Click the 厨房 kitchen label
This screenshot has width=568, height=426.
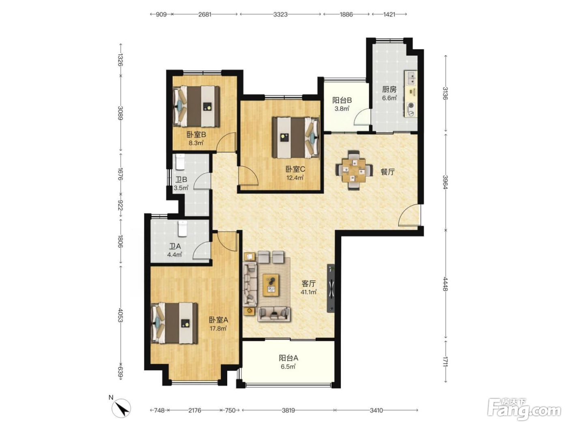pos(389,90)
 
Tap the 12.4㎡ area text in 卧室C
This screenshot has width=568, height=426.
pos(295,177)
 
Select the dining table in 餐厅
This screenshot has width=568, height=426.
pos(354,170)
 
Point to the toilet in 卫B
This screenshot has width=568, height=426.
pos(180,161)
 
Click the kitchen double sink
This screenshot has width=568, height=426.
pos(411,78)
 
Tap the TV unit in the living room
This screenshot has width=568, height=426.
pos(331,288)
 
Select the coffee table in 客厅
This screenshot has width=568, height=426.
pos(271,285)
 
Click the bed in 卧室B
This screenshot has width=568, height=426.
pos(196,106)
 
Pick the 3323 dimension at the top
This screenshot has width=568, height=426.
pos(280,15)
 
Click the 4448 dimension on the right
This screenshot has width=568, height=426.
pos(445,284)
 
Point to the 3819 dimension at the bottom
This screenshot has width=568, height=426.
pos(288,410)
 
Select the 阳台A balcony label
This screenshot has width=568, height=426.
pos(288,358)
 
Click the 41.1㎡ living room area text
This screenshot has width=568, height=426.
pos(308,292)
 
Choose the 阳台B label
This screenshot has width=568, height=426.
pos(342,100)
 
